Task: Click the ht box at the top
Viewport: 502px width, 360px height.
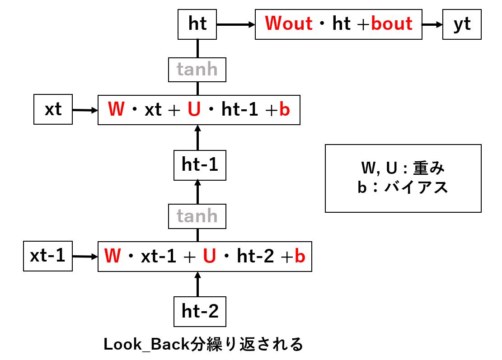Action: pos(197,24)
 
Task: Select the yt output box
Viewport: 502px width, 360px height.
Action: pos(462,24)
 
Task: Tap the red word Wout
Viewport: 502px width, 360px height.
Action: pos(288,23)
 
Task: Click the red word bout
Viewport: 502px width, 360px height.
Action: pos(392,23)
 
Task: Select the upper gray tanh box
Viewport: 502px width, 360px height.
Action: pos(197,70)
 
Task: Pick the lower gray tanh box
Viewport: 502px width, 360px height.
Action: pos(197,216)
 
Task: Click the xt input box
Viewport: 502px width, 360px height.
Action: pos(53,110)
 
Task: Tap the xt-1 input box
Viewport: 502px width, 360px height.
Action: pos(47,257)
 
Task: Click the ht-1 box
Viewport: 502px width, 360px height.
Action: pos(200,165)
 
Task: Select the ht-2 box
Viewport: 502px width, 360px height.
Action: pos(200,311)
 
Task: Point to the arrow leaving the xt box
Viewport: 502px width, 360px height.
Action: pos(85,110)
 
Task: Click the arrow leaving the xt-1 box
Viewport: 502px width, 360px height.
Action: pos(85,257)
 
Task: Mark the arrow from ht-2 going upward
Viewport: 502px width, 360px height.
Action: pos(197,284)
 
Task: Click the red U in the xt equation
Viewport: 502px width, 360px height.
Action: pos(194,110)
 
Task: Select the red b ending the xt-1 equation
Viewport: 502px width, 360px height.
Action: pos(300,257)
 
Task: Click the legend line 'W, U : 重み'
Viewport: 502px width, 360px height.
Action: pos(403,168)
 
